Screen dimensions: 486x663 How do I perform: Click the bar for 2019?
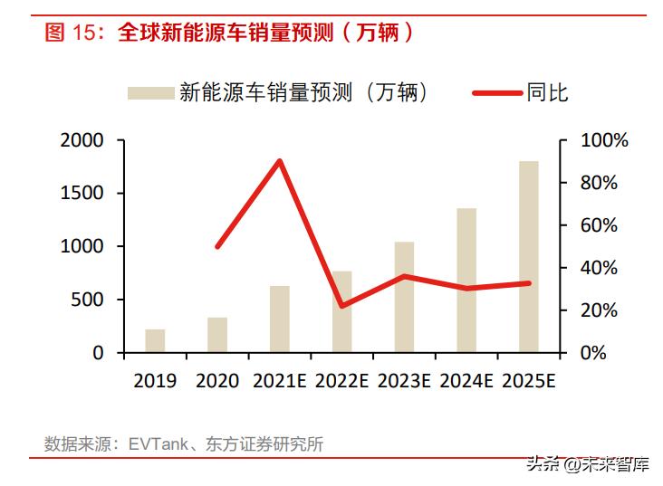(x=155, y=341)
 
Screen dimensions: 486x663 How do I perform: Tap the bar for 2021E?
(x=280, y=319)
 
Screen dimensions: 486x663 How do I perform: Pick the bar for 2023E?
(x=404, y=298)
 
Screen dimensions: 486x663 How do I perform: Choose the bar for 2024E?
(x=466, y=281)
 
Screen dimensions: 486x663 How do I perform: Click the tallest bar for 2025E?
(x=529, y=257)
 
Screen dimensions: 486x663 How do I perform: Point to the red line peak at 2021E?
(x=280, y=161)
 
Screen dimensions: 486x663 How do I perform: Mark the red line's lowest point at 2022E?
(x=342, y=306)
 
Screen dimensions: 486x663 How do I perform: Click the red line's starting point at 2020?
(x=217, y=246)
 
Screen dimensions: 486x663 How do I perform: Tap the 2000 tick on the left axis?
(x=82, y=141)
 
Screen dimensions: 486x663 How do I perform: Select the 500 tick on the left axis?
(x=88, y=300)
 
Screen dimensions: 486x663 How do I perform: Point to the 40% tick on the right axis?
(x=599, y=268)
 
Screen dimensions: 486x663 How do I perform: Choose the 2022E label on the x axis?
(x=342, y=381)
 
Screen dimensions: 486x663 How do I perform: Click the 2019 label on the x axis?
(x=155, y=381)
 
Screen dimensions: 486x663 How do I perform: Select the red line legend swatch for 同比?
(x=497, y=92)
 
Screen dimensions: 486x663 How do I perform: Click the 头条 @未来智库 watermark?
(x=598, y=466)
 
